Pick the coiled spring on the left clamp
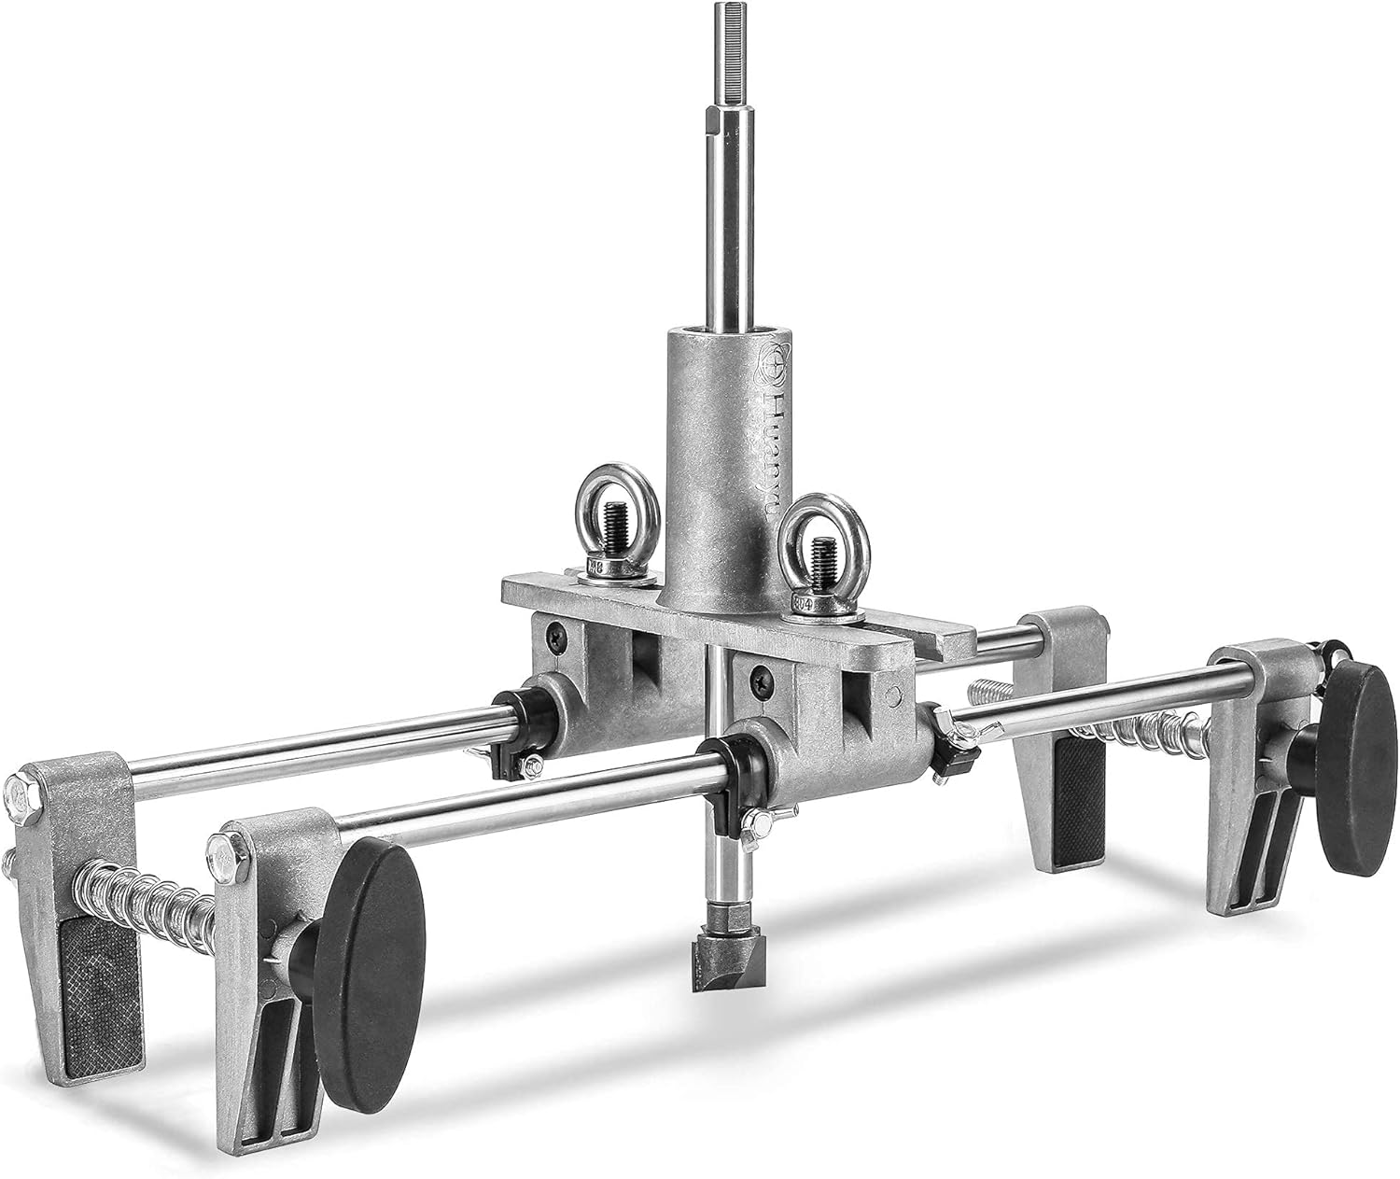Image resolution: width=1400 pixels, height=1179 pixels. coord(148,894)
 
